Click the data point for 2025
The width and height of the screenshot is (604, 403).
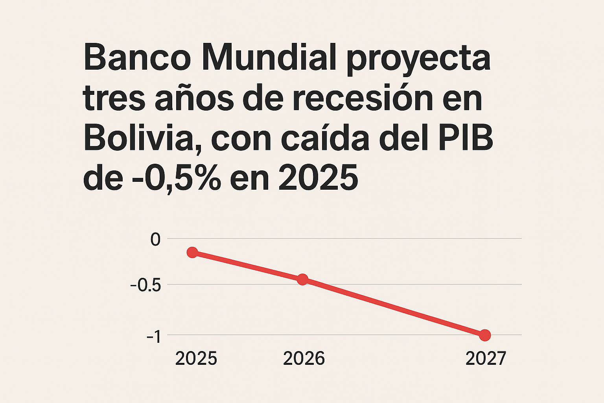(x=192, y=252)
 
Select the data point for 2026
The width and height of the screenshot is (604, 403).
(x=302, y=279)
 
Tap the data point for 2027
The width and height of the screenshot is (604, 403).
(x=485, y=335)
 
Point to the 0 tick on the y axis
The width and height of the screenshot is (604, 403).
(x=156, y=239)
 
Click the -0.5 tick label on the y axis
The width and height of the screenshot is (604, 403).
(x=145, y=285)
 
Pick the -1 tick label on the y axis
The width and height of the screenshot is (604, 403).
(x=154, y=336)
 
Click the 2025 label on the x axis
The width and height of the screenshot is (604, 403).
(x=196, y=359)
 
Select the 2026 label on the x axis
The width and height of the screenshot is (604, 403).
(x=304, y=359)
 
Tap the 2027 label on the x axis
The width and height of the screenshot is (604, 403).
(x=486, y=359)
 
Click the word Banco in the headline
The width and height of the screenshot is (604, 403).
(x=137, y=58)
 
